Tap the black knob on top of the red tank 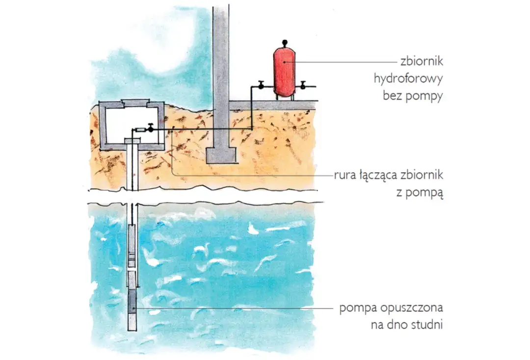pos(285,43)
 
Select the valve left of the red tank pos(261,85)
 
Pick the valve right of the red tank pos(303,85)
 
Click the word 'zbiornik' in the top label pos(422,61)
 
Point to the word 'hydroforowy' pos(408,79)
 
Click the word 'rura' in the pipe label pos(345,176)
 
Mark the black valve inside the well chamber pos(150,129)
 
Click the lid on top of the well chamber pos(135,103)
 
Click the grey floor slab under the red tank pos(273,105)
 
